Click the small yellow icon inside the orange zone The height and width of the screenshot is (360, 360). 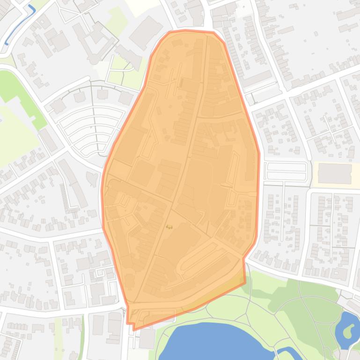169,227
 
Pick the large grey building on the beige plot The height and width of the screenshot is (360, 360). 335,174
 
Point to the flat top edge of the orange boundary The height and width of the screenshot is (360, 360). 192,31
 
